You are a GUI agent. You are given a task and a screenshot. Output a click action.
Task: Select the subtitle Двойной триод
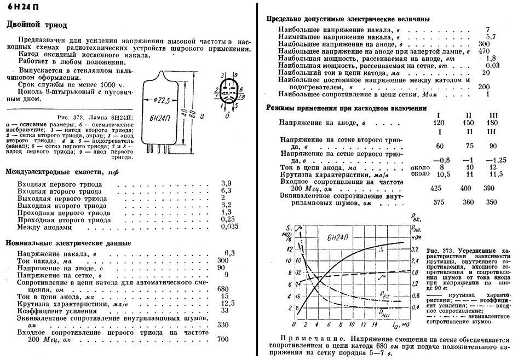coord(36,25)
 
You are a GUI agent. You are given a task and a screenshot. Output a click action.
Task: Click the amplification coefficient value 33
coord(222,310)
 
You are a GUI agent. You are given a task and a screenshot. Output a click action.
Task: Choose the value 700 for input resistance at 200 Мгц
coord(223,339)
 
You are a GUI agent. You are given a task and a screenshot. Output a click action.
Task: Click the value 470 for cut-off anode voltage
coord(484,51)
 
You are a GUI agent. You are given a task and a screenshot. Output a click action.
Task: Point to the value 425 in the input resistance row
coord(436,188)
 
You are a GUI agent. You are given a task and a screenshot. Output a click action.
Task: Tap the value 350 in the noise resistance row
coord(491,202)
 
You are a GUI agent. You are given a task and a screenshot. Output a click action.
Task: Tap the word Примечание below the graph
coord(304,339)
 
